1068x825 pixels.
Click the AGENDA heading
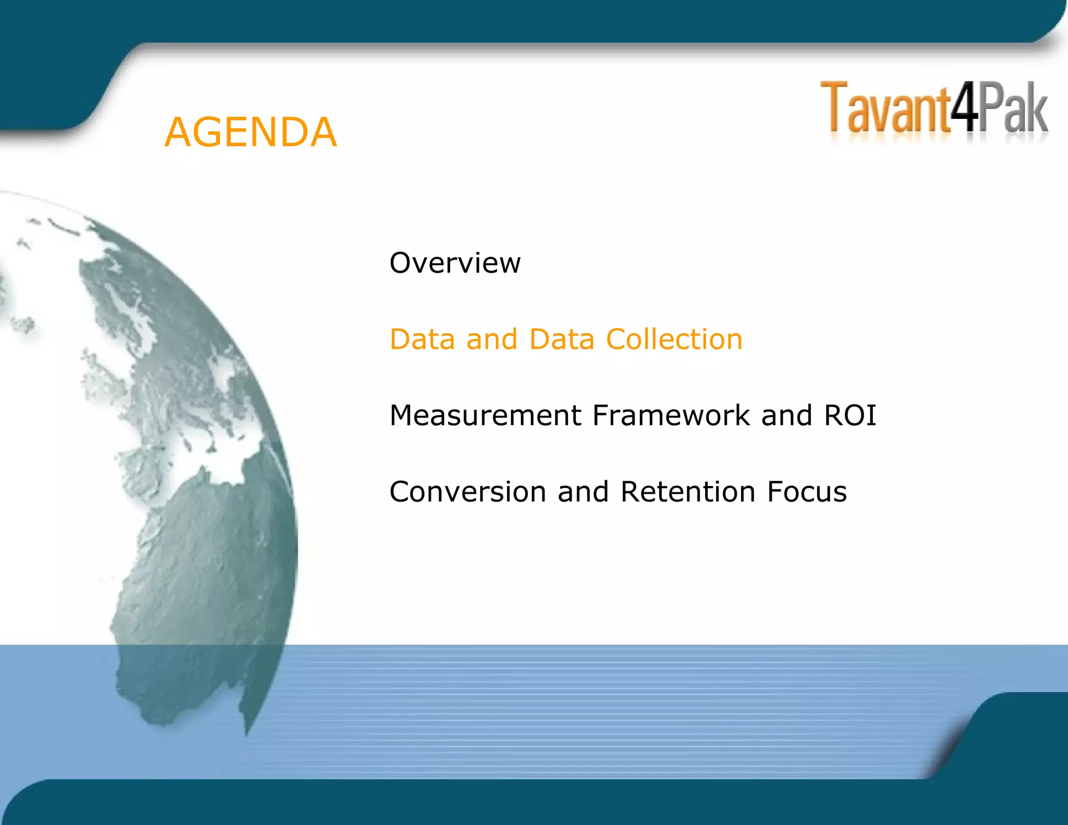[250, 132]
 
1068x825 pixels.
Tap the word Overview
[455, 263]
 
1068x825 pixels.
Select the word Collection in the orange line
[674, 339]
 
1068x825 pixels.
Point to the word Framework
[671, 416]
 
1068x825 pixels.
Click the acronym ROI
[850, 416]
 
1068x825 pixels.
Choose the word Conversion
[468, 492]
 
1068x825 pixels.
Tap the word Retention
[688, 492]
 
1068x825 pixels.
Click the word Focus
[807, 492]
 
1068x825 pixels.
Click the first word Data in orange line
[422, 339]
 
